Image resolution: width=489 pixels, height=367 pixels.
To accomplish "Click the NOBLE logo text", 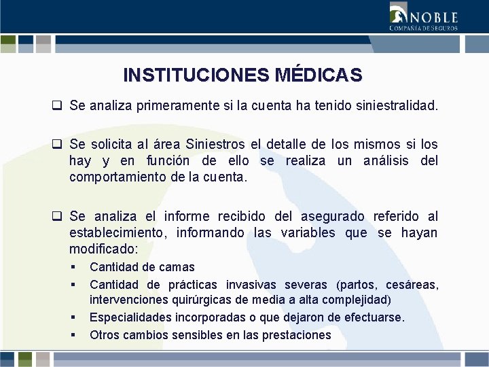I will pos(433,17).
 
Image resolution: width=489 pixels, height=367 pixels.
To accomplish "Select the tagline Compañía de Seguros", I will pos(423,29).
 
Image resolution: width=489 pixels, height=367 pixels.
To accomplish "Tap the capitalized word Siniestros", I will pos(207,145).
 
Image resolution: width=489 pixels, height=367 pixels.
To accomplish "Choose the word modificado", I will pos(99,249).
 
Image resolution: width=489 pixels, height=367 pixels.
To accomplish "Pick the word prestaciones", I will pos(299,334).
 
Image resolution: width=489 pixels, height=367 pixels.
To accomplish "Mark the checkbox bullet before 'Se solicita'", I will pos(58,145).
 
